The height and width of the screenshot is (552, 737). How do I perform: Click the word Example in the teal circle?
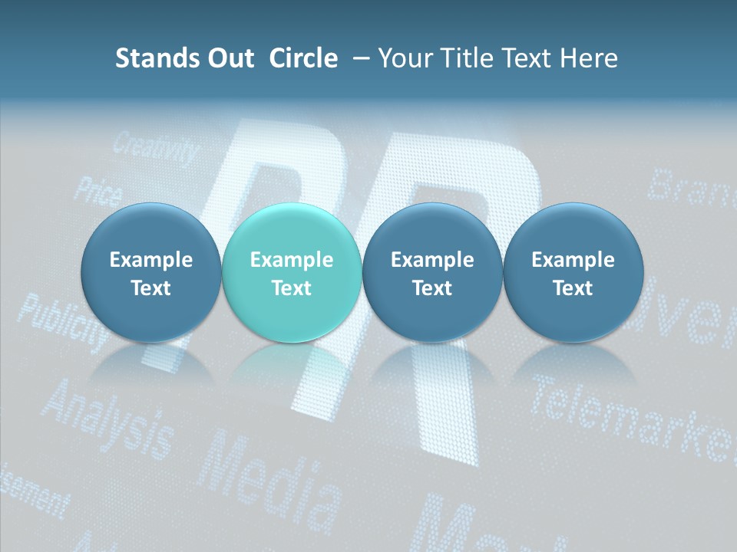[292, 260]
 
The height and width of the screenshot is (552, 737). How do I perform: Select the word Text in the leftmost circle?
[150, 288]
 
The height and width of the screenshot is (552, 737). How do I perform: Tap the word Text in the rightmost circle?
[573, 288]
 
